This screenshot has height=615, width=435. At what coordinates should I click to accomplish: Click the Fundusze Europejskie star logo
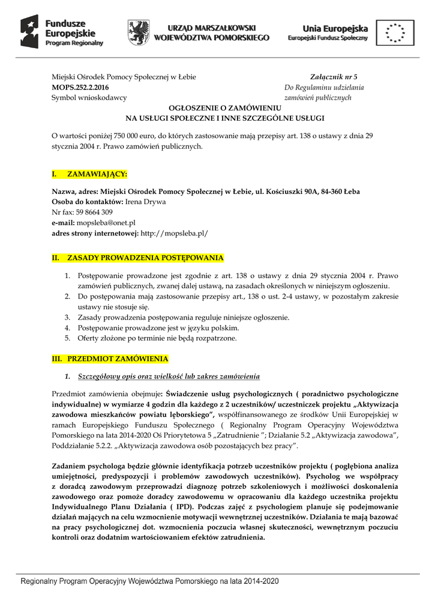pyautogui.click(x=31, y=31)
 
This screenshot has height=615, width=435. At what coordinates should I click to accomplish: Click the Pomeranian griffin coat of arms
pyautogui.click(x=138, y=32)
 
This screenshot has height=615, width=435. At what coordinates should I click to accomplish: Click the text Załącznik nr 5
pyautogui.click(x=333, y=77)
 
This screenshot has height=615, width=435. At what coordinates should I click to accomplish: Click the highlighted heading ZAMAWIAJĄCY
pyautogui.click(x=97, y=174)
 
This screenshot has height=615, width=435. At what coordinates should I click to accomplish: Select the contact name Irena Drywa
pyautogui.click(x=145, y=201)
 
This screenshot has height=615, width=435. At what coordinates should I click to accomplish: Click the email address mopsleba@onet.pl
pyautogui.click(x=110, y=222)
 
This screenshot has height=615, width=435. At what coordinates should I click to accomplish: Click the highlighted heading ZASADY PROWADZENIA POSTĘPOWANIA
pyautogui.click(x=145, y=258)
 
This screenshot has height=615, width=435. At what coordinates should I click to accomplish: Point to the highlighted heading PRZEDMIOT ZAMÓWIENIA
pyautogui.click(x=117, y=359)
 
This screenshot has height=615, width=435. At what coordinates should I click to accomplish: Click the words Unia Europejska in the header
pyautogui.click(x=335, y=28)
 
